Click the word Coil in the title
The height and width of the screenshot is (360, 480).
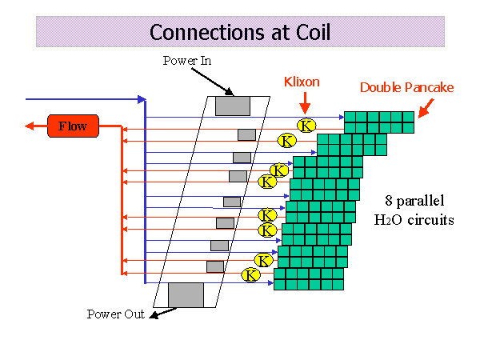[x=313, y=32]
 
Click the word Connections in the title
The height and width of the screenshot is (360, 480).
[x=207, y=32]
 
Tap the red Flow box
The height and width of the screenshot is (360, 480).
[x=73, y=126]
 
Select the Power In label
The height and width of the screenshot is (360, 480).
[x=187, y=61]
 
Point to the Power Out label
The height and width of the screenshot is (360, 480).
[x=116, y=314]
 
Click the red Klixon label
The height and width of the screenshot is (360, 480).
[x=302, y=82]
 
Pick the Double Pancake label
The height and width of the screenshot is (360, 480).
[x=406, y=87]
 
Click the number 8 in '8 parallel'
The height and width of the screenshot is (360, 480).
[x=389, y=201]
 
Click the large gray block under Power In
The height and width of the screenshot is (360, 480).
[x=233, y=106]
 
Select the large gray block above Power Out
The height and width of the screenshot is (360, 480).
[x=186, y=294]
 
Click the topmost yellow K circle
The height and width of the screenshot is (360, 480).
[x=306, y=126]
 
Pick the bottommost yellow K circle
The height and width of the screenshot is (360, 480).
[x=250, y=275]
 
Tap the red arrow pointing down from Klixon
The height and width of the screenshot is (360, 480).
[x=305, y=103]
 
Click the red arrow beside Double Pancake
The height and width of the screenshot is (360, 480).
[x=426, y=108]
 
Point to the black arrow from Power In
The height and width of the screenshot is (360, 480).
[x=213, y=82]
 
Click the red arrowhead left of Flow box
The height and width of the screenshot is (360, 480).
[x=30, y=126]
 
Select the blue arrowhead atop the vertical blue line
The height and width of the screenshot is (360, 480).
[x=142, y=99]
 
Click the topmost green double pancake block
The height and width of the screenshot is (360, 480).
[x=379, y=122]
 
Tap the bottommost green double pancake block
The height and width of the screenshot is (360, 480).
[x=309, y=279]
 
